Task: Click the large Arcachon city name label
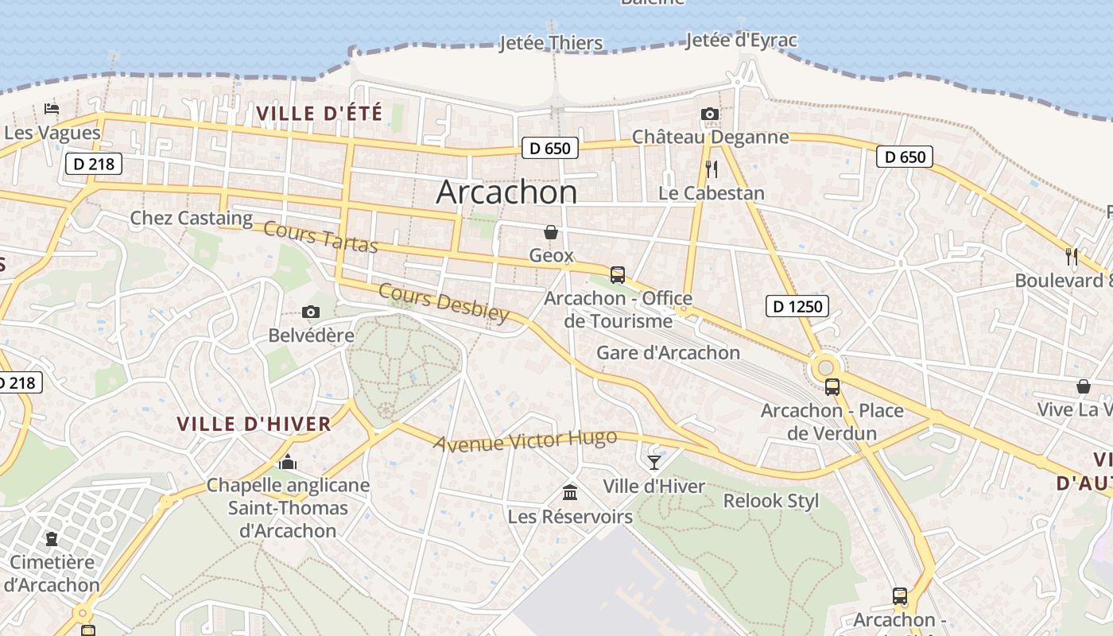pos(506,192)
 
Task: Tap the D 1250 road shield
pos(797,305)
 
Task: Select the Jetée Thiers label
pos(550,43)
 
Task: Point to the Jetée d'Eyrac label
pos(740,40)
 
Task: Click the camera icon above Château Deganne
pos(710,114)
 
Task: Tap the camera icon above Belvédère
pos(311,312)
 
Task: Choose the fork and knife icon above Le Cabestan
pos(712,169)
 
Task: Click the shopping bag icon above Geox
pos(550,232)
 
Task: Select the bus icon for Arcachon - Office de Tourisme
pos(618,275)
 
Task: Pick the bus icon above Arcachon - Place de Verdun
pos(832,387)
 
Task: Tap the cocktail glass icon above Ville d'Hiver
pos(654,462)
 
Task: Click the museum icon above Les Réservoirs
pos(570,493)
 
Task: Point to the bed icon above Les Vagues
pos(52,109)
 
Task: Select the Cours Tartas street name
pos(320,237)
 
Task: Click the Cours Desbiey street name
pos(443,303)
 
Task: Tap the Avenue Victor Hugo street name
pos(525,440)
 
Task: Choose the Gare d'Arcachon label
pos(668,352)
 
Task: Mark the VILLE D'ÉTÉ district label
pos(319,113)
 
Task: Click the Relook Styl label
pos(770,501)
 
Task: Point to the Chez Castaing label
pos(191,218)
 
